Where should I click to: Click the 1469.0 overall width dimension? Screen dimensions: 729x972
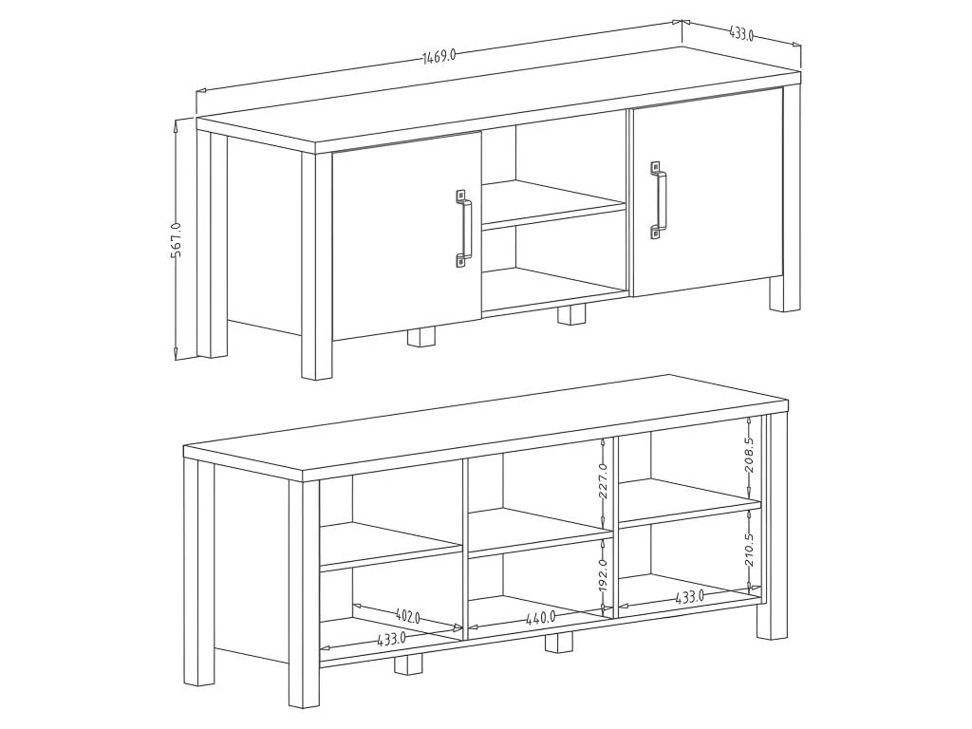439,55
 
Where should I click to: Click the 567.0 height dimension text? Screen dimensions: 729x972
177,240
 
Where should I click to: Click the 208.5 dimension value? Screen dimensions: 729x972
749,455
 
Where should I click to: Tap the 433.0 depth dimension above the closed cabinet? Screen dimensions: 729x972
741,35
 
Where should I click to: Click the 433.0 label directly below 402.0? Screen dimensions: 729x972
391,640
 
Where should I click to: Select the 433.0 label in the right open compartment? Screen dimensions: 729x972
689,597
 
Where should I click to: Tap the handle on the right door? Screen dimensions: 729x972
658,200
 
